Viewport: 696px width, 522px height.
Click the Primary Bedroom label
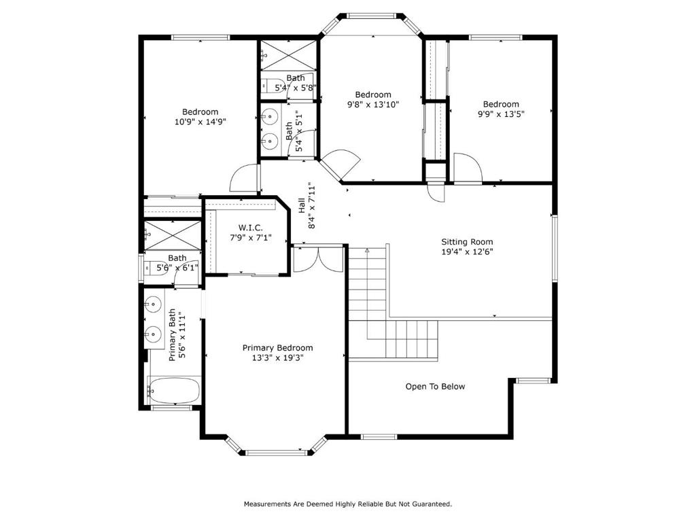(277, 348)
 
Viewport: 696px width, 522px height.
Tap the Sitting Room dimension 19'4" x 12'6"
(467, 251)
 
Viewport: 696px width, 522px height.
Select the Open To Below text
(435, 387)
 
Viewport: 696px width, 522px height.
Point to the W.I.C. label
(250, 228)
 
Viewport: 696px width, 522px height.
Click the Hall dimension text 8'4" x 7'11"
(313, 205)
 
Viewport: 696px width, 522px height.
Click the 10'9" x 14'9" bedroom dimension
(201, 122)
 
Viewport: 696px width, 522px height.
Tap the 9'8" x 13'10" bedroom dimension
(373, 104)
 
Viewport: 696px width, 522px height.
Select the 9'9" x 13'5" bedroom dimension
(501, 114)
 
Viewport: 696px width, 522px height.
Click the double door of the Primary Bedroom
(318, 259)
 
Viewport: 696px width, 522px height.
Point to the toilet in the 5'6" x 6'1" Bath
(156, 268)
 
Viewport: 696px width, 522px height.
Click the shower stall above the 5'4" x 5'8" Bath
(288, 55)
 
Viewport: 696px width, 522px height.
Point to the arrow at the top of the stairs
(367, 251)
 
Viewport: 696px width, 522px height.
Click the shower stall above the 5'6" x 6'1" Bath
(173, 235)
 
